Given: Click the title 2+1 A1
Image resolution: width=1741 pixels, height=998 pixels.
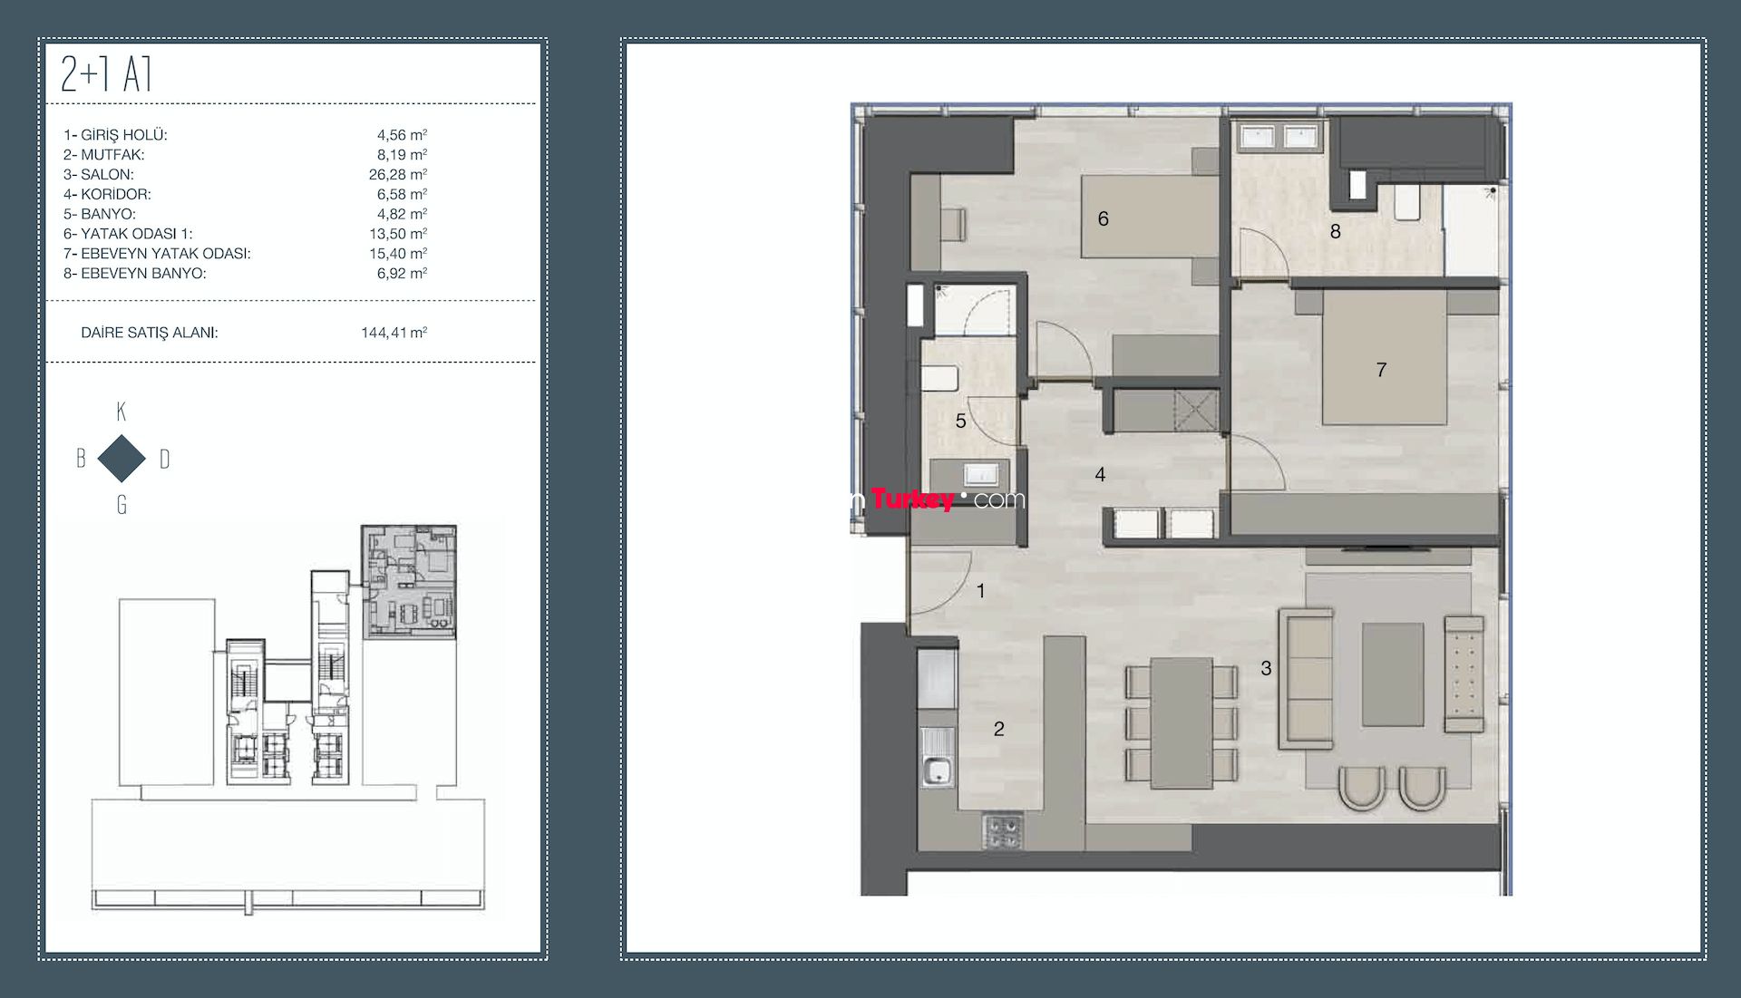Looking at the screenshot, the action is point(106,73).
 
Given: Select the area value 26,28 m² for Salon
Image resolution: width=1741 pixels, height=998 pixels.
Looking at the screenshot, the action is point(398,174).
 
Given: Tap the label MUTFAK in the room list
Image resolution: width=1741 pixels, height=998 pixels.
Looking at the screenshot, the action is point(112,155).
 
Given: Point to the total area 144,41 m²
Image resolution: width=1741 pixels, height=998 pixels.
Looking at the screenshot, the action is point(394,333).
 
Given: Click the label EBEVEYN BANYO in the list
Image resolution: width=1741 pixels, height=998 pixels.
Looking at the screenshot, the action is point(143,274).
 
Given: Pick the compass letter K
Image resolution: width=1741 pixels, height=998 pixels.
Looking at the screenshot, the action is point(122,412).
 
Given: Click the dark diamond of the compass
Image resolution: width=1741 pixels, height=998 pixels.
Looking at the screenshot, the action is point(122,459).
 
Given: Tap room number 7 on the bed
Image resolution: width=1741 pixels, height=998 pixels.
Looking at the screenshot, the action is point(1381,370).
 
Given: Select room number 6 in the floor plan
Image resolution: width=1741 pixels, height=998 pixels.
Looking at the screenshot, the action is point(1103,218).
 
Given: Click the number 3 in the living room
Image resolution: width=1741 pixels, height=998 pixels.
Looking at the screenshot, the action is point(1266,668).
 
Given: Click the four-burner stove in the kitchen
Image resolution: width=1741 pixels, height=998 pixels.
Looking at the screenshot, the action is point(1003,831).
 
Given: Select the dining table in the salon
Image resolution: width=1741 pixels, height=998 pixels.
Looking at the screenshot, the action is point(1182,722).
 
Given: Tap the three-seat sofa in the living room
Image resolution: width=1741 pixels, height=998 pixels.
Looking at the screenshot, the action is point(1306,679).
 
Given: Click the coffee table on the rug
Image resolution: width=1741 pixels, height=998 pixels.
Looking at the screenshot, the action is point(1393,674).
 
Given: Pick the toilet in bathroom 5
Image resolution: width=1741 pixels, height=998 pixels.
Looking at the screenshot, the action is point(939,379).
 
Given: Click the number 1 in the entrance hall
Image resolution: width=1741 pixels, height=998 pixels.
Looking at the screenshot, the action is point(980,591).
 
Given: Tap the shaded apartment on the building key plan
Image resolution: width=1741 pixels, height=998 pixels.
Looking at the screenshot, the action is point(409,581).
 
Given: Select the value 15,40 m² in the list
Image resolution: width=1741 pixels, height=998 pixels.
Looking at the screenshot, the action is point(398,254).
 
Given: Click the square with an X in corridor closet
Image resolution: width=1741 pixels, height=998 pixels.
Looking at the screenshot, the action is point(1195,412).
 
